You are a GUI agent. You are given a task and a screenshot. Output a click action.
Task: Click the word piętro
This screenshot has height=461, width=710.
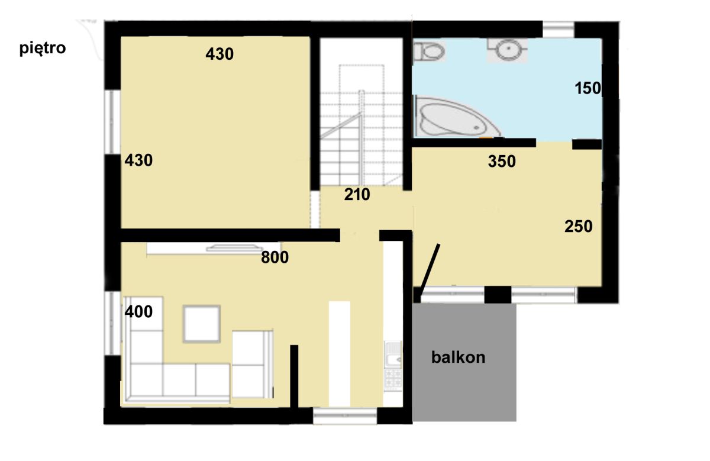point(43,49)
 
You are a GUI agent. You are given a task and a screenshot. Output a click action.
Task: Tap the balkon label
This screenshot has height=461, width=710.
point(458,357)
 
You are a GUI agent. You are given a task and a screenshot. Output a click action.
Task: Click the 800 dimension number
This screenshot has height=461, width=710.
point(275,257)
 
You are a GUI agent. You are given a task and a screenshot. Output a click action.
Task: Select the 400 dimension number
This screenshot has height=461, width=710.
point(138,311)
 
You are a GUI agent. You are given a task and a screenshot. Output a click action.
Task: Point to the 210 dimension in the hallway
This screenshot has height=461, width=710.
point(357,194)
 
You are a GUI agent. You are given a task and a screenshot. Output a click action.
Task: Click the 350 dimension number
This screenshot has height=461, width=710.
point(502,161)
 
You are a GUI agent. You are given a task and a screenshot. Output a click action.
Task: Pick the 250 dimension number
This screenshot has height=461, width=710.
point(579,227)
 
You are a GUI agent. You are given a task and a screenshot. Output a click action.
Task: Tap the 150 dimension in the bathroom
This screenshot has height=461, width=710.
point(588,88)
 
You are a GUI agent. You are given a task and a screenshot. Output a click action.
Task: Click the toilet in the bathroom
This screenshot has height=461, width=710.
point(428,51)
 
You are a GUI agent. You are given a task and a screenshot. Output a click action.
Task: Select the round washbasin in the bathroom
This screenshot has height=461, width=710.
point(508,49)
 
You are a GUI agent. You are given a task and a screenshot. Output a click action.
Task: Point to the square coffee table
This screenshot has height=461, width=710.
point(202,324)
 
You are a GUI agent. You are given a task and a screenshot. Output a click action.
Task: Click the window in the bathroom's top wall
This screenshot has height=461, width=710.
point(559,30)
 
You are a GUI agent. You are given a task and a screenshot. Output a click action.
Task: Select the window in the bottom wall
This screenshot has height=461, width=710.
point(345,416)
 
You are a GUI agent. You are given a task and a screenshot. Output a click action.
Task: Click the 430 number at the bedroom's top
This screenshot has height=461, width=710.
point(220,54)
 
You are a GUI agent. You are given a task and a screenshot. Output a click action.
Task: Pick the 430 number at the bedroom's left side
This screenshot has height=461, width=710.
point(138,160)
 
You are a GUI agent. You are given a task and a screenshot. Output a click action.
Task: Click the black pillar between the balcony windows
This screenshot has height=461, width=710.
point(498,295)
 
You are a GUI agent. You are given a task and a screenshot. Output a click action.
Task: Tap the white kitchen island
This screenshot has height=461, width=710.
point(340,354)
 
